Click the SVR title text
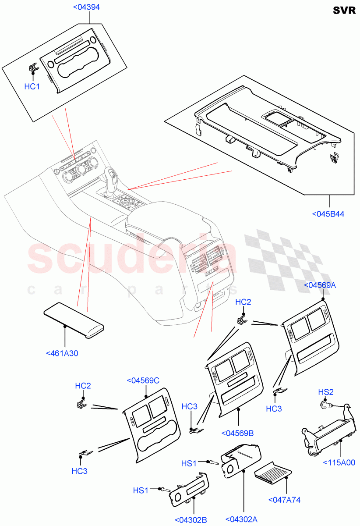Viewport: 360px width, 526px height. point(344,11)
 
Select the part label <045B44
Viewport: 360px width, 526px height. point(328,214)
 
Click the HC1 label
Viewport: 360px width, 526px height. point(32,87)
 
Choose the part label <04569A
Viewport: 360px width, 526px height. point(320,285)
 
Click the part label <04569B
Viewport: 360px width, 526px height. point(238,433)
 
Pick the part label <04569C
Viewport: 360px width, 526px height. point(143,380)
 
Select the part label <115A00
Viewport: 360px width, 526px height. point(339,462)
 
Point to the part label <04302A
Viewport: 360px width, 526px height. point(241,519)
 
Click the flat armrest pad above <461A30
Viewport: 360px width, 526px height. point(74,322)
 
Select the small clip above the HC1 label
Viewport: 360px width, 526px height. point(32,68)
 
